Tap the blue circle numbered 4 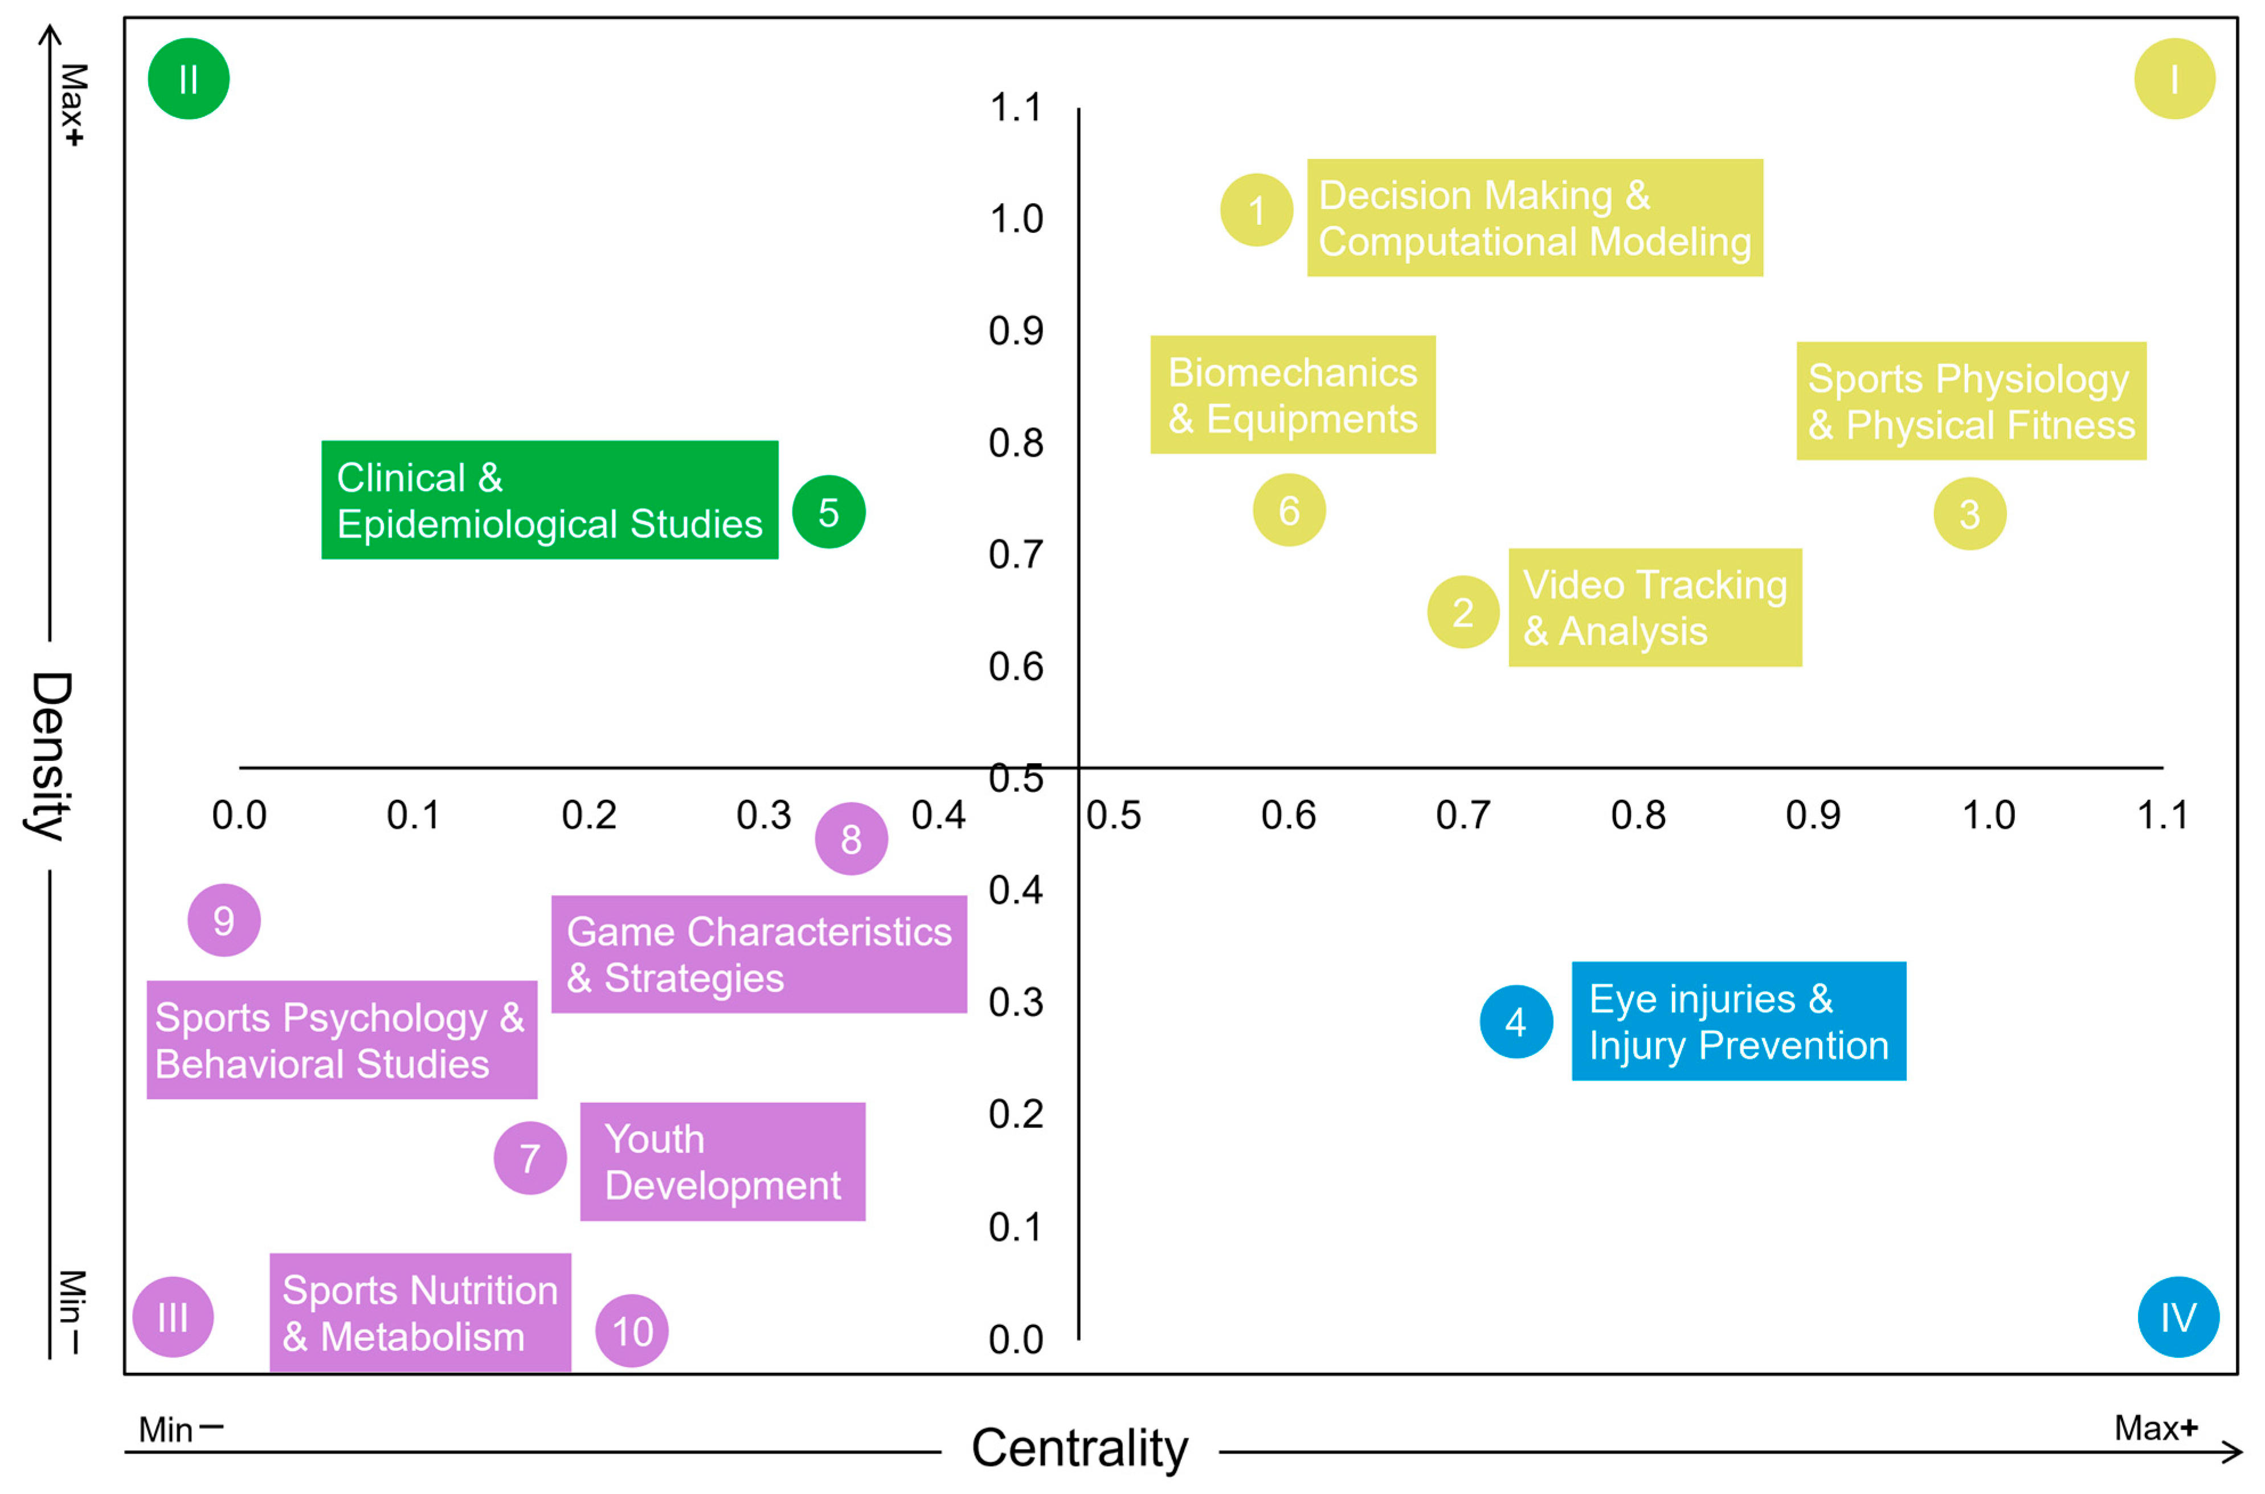[x=1515, y=1021]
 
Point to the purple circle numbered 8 [x=851, y=838]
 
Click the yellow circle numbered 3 [x=1969, y=514]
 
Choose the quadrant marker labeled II [x=189, y=79]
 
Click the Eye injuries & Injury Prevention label [x=1738, y=1021]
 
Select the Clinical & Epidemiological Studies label [x=550, y=500]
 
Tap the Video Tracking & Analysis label [x=1654, y=608]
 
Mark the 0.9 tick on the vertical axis [x=1016, y=330]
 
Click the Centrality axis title [x=1080, y=1448]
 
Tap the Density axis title [x=50, y=756]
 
